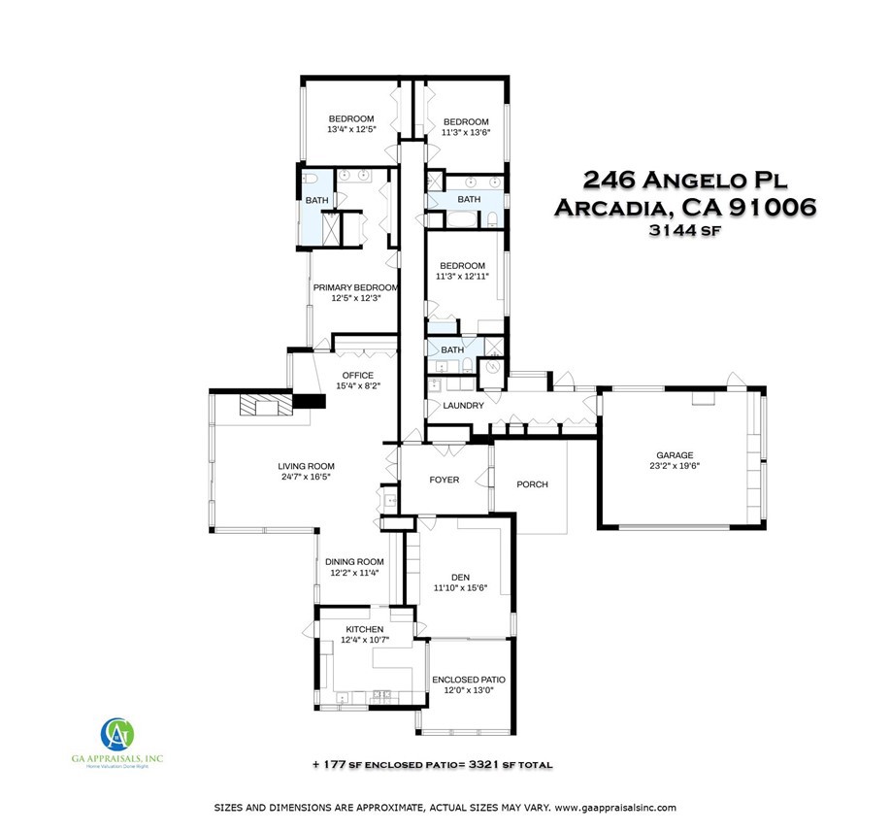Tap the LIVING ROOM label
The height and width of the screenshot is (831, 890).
(307, 466)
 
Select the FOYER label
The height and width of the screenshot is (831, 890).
(445, 480)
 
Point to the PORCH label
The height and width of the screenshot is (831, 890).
(532, 484)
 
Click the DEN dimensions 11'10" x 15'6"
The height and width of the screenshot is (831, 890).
(459, 587)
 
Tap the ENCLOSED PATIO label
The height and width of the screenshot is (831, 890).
(468, 680)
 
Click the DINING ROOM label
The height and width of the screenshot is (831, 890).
(351, 561)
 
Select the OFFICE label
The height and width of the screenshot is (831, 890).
(357, 376)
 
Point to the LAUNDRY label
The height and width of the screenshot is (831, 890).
(463, 405)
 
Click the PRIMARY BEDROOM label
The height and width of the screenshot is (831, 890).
(355, 287)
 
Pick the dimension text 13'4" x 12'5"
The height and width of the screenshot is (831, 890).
(351, 129)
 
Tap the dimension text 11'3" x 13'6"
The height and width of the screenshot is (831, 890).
(466, 133)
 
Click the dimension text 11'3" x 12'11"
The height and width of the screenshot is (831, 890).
(462, 277)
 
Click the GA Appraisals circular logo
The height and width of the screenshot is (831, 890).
(116, 731)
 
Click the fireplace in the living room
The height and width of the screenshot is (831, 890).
(264, 405)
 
